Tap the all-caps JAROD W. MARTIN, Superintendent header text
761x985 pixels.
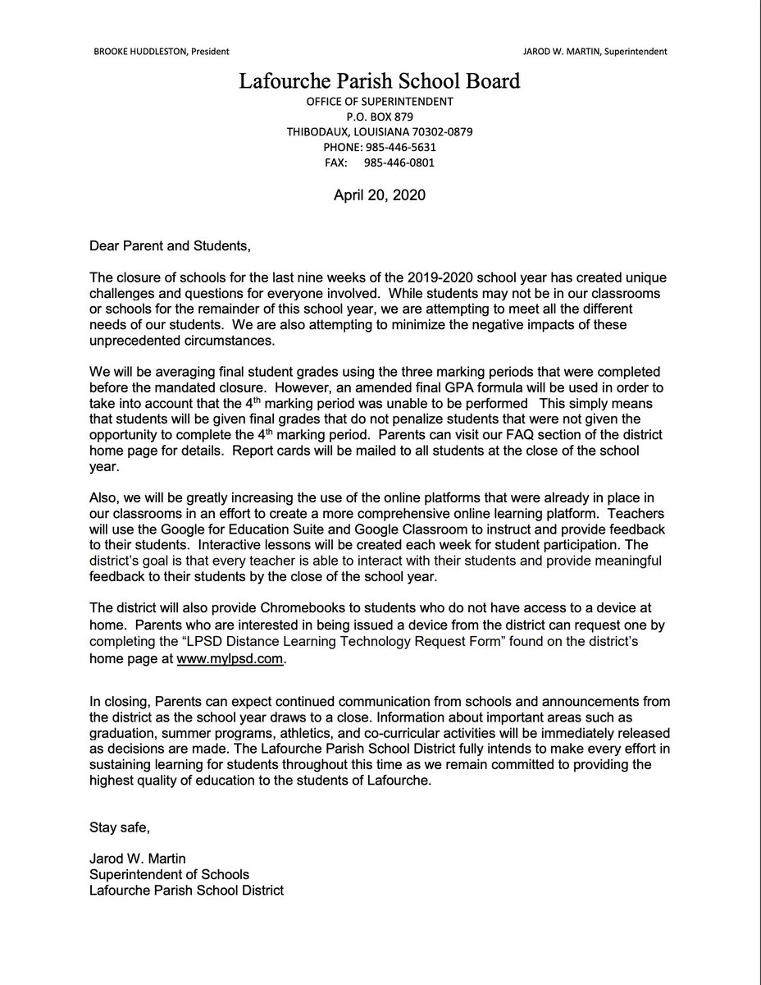594,51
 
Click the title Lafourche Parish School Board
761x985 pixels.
380,81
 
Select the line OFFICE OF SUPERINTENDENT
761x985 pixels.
380,101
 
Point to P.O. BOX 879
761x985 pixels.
380,117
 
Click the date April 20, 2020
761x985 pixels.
380,195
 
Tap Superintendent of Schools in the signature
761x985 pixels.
170,874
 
